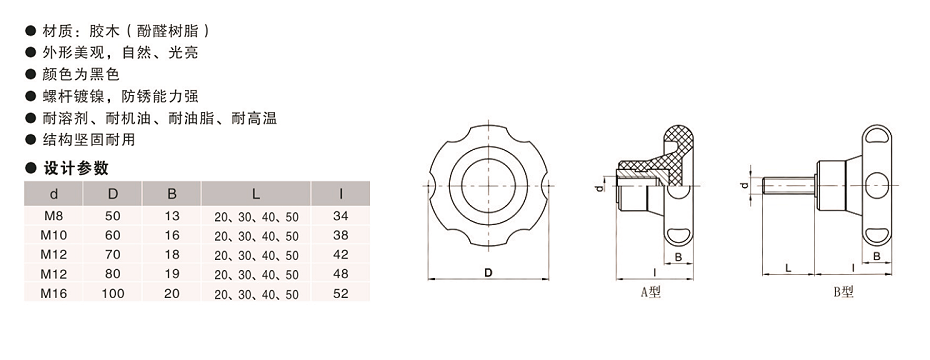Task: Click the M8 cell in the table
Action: (53, 216)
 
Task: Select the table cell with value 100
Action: (113, 294)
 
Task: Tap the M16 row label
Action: (53, 294)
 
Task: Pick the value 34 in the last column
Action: (341, 216)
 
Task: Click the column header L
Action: (256, 194)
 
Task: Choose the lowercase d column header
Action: (53, 194)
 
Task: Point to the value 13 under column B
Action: (172, 216)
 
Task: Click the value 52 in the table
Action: (341, 294)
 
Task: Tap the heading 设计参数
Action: (77, 168)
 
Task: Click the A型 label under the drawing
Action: (651, 292)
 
